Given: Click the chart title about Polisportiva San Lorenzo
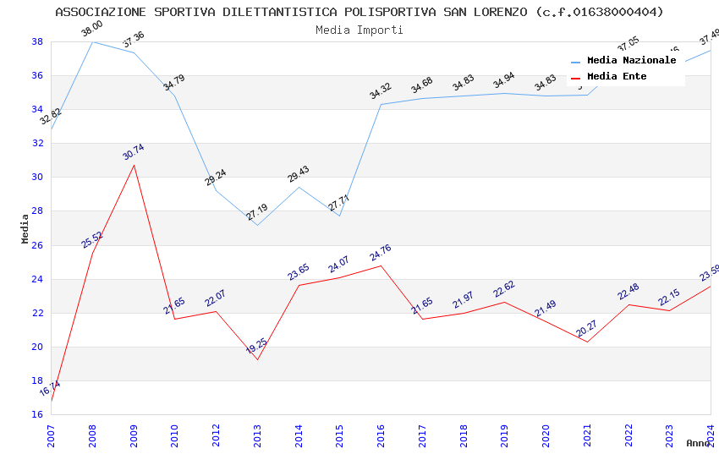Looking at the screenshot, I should tap(359, 12).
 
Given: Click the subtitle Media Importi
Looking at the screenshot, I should tap(359, 30).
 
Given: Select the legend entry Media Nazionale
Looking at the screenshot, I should tap(631, 61).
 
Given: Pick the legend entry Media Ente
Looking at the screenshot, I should tap(617, 76).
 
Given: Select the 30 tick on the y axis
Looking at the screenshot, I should tap(37, 178).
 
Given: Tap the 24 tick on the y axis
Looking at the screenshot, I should tap(37, 279).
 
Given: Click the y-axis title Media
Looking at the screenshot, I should tap(25, 228).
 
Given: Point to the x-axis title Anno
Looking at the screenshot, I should tap(698, 443).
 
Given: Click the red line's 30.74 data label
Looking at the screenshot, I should tap(134, 152).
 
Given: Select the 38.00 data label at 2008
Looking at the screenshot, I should tap(91, 30).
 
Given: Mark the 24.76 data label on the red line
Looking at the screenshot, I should tap(381, 253).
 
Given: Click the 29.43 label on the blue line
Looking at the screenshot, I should tap(299, 174).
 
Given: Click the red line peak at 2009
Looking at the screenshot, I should tap(134, 165).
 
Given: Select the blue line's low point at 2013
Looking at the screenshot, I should tap(257, 225).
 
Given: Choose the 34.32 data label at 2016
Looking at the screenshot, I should tap(381, 91).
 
